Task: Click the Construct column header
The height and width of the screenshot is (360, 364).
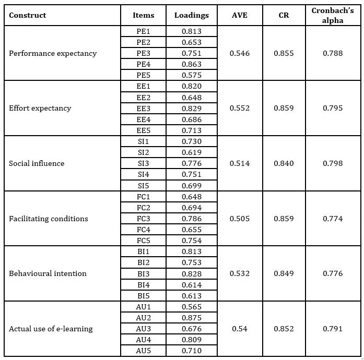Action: [x=28, y=15]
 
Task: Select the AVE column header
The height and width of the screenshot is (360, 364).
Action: [x=240, y=15]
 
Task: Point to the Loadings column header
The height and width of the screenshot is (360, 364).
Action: [x=191, y=15]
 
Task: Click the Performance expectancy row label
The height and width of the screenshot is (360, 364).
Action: [x=53, y=53]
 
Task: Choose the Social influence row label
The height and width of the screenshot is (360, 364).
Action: [x=37, y=163]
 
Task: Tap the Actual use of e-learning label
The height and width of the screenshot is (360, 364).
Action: [x=51, y=329]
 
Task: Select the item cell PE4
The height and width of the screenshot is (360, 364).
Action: [x=143, y=64]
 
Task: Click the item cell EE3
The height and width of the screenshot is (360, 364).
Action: [x=143, y=108]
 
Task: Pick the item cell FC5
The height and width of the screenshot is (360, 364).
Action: [x=143, y=241]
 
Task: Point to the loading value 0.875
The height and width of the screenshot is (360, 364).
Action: [x=191, y=318]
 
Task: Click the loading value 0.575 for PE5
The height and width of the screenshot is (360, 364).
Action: [x=191, y=75]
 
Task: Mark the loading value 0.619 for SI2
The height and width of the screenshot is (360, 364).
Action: [x=191, y=152]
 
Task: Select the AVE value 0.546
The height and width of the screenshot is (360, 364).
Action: [x=240, y=53]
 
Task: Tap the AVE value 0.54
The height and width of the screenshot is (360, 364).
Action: [x=240, y=329]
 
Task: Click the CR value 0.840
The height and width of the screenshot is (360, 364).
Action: [x=284, y=163]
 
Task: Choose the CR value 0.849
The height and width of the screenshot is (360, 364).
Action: [x=284, y=273]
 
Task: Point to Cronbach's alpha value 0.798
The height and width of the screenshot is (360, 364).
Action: [x=333, y=163]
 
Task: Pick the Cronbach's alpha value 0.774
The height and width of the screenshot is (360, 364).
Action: [x=333, y=219]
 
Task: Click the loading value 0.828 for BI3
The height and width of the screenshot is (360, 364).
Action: [x=191, y=273]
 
